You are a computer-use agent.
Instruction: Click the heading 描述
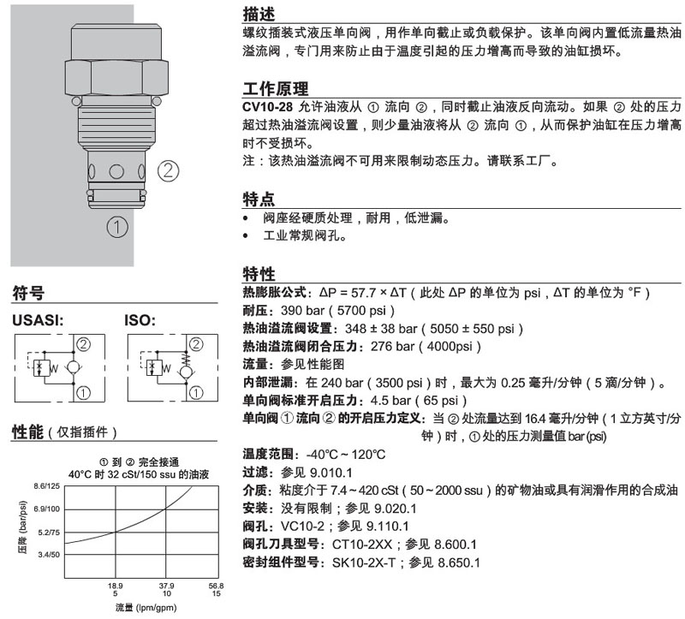point(259,14)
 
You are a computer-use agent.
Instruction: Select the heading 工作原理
point(275,89)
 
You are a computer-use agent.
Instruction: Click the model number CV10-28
point(267,107)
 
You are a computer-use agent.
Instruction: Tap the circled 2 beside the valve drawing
point(168,171)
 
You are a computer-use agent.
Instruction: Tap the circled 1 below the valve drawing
point(117,227)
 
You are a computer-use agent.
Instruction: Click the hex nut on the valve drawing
point(116,78)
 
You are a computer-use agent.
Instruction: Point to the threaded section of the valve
point(116,126)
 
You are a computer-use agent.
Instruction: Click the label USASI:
point(38,320)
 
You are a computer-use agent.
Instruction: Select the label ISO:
point(140,320)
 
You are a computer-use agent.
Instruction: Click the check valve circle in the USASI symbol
point(73,366)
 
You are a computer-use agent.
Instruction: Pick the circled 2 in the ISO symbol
point(196,344)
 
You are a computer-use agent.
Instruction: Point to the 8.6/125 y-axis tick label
point(47,486)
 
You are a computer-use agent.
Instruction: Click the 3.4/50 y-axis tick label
point(49,555)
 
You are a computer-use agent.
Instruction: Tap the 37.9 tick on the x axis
point(166,586)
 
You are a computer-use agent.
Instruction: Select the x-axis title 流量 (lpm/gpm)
point(146,608)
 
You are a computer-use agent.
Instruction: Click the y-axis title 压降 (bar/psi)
point(23,527)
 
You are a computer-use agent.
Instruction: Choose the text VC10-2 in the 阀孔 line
point(305,527)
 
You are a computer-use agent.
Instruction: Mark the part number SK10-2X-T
point(363,562)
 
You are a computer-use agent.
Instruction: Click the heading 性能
point(28,432)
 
